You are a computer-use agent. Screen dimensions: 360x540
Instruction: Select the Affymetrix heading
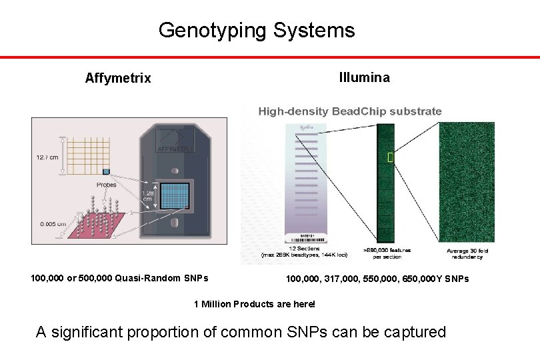pyautogui.click(x=118, y=79)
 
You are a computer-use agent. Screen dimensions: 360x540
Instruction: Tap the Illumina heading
pyautogui.click(x=365, y=77)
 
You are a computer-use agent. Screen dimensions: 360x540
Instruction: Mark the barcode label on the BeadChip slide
pyautogui.click(x=306, y=239)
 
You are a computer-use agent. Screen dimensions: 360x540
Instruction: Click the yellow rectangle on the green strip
pyautogui.click(x=391, y=157)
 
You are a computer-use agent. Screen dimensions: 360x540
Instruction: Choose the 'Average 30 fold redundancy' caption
pyautogui.click(x=467, y=254)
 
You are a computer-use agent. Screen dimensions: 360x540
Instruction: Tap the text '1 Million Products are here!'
pyautogui.click(x=254, y=305)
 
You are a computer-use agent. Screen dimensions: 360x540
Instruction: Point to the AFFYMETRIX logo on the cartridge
pyautogui.click(x=175, y=149)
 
